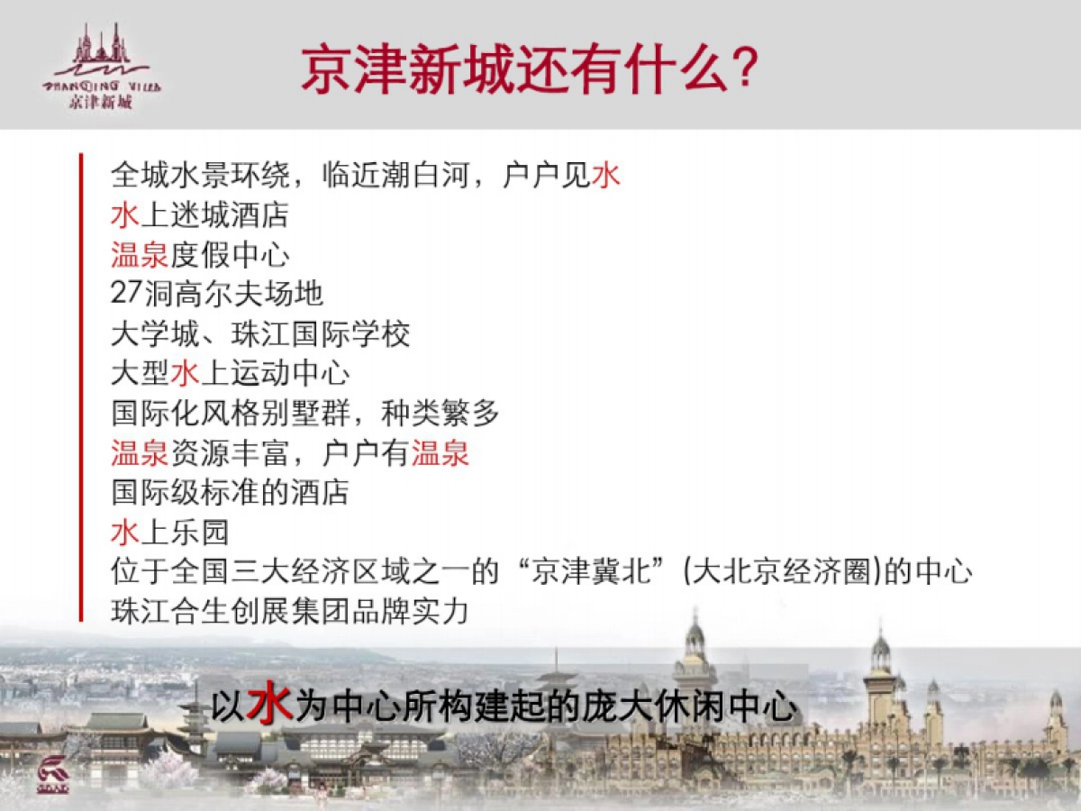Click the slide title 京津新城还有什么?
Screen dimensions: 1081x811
point(530,69)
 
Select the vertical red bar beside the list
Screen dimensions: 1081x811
point(81,387)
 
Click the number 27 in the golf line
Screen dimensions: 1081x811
point(127,293)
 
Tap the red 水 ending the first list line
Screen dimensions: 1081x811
point(605,175)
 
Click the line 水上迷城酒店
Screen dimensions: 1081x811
point(200,214)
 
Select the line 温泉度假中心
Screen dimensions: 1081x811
point(200,255)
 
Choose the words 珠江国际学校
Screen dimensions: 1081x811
point(321,333)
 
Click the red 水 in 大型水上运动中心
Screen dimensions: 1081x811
point(186,373)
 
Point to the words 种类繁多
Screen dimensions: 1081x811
point(441,413)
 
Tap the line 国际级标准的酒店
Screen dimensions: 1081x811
point(230,492)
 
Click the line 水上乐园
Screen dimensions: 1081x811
point(170,533)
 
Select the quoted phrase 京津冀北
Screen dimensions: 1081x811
point(592,571)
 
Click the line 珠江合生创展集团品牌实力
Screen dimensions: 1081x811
point(290,612)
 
